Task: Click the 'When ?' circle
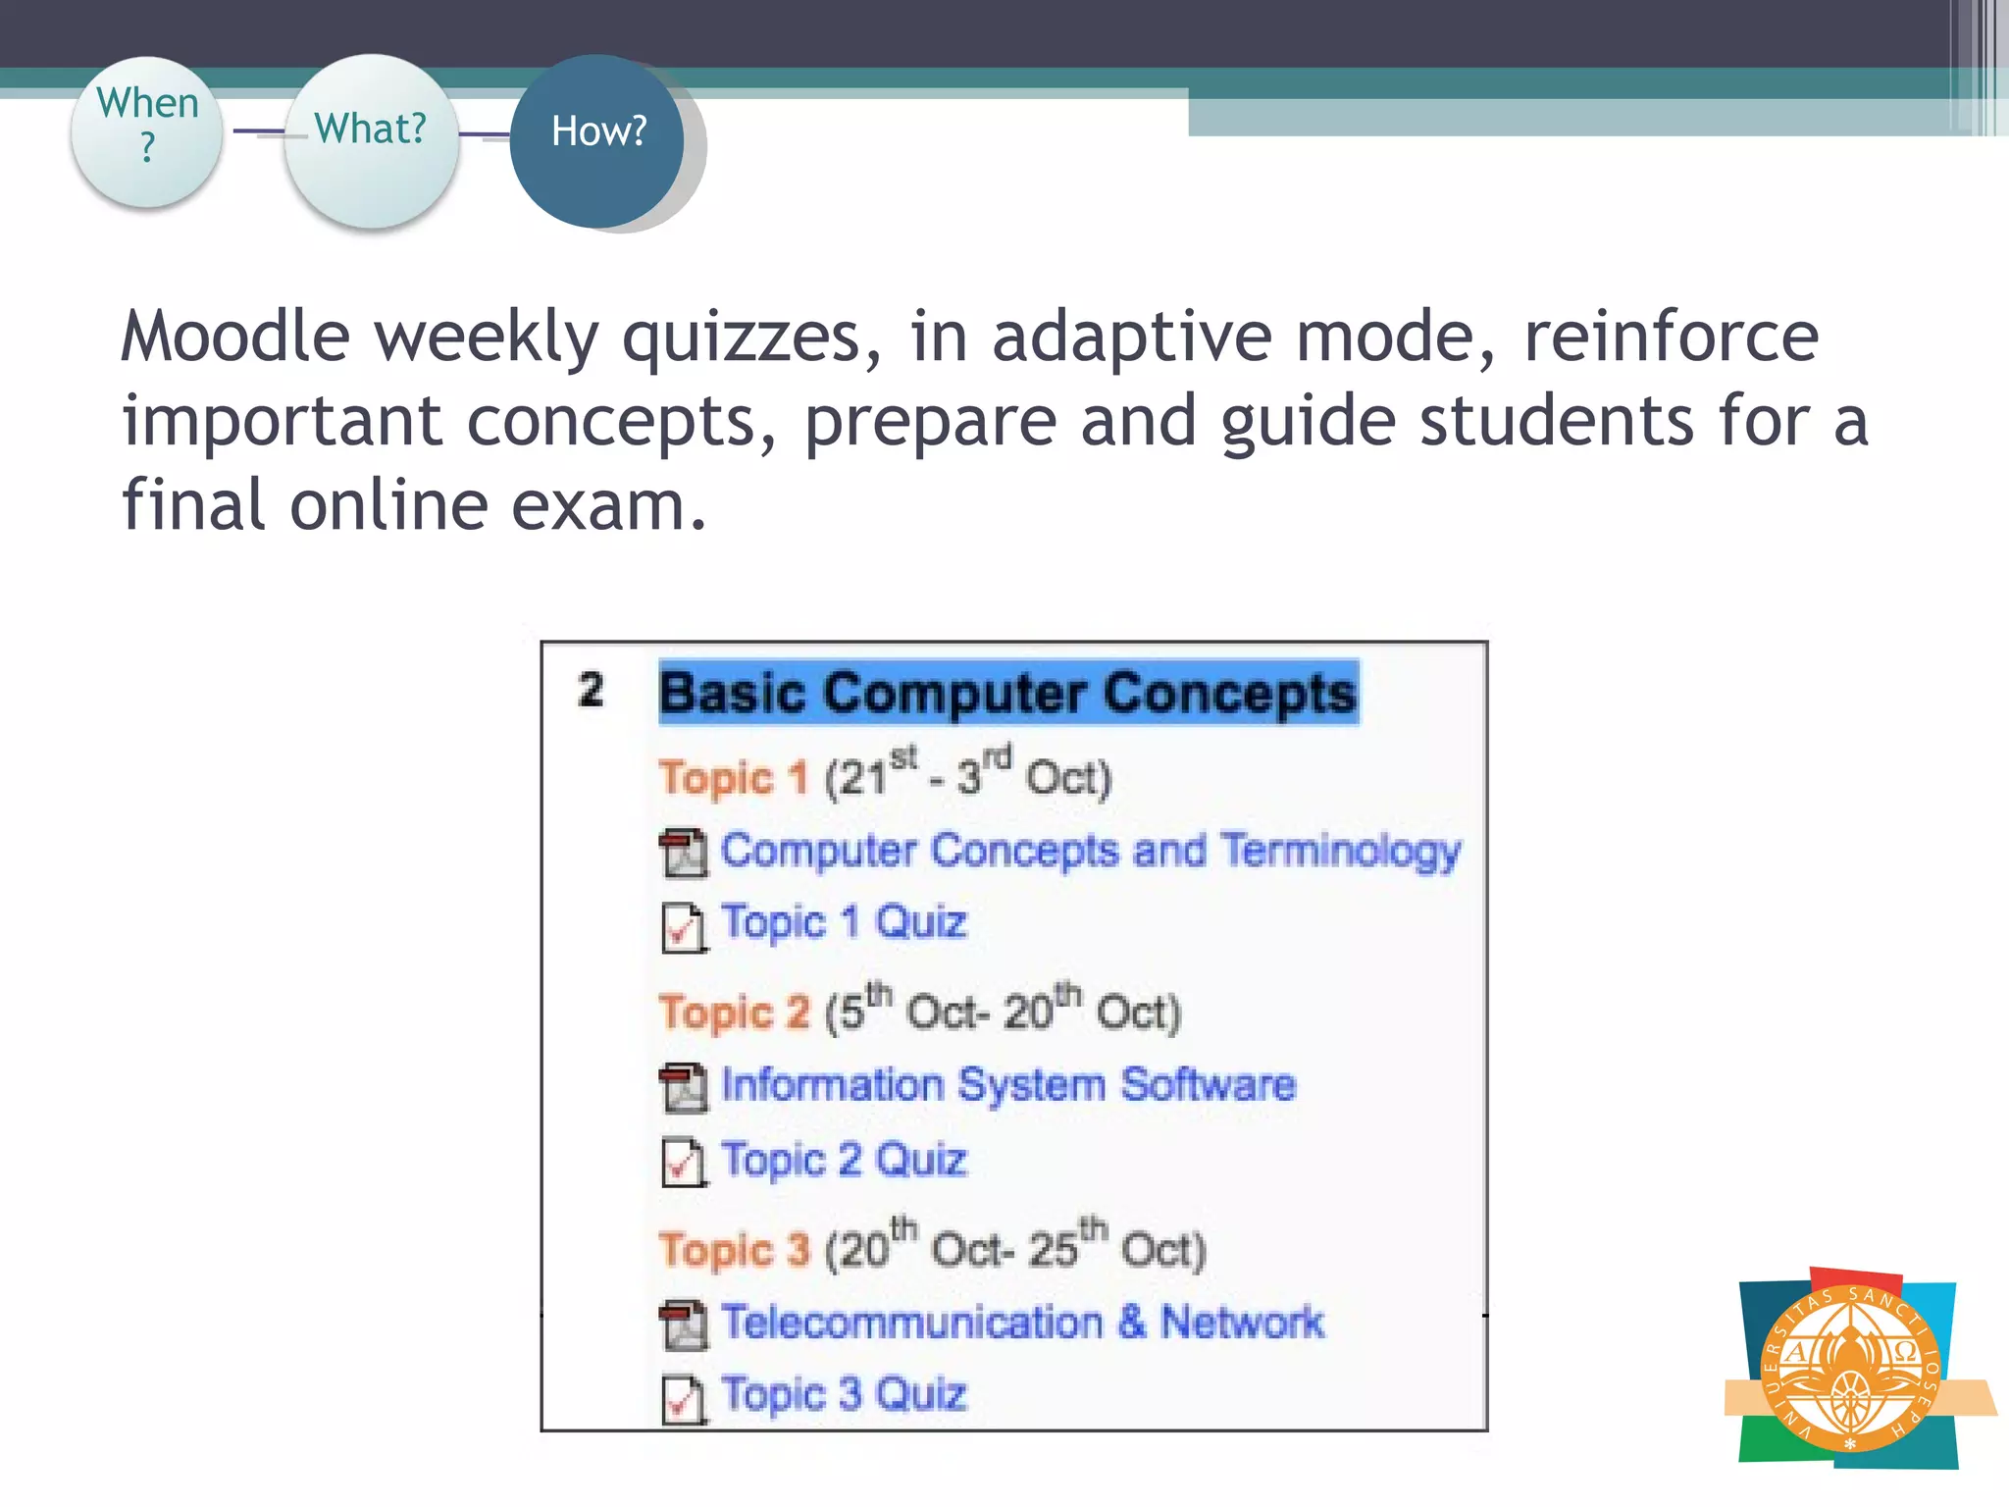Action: click(x=147, y=131)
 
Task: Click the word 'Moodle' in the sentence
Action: click(x=235, y=337)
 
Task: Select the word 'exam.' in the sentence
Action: click(x=608, y=506)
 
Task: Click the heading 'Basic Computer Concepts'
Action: click(x=1008, y=693)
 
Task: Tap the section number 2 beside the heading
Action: click(x=591, y=690)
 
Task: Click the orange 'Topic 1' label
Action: click(x=734, y=778)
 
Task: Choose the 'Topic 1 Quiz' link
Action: click(x=844, y=922)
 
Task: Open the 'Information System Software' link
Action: click(x=1008, y=1085)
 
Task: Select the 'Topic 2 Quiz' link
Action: click(x=844, y=1160)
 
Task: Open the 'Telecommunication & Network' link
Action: click(x=1022, y=1323)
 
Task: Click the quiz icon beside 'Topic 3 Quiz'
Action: click(x=683, y=1399)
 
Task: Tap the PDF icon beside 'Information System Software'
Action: click(x=683, y=1088)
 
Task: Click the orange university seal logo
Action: click(x=1850, y=1368)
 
